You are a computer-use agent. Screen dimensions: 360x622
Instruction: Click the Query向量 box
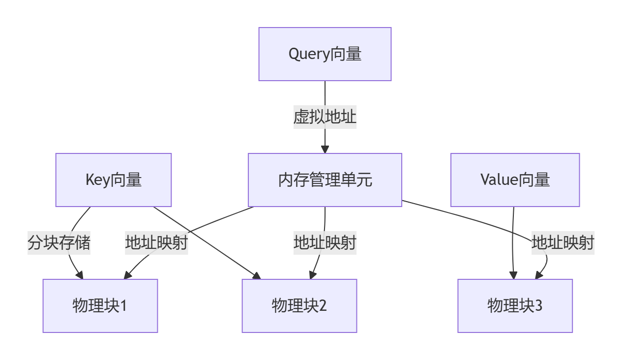pyautogui.click(x=325, y=54)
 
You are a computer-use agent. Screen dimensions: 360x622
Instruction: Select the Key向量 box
pyautogui.click(x=113, y=180)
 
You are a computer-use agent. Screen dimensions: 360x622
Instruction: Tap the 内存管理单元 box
pyautogui.click(x=325, y=180)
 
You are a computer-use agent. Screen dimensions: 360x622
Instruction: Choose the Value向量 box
pyautogui.click(x=515, y=180)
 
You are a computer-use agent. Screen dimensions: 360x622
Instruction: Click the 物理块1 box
pyautogui.click(x=100, y=306)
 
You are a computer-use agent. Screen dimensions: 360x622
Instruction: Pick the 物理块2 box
pyautogui.click(x=299, y=306)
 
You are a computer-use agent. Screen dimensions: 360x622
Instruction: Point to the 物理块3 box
pyautogui.click(x=515, y=306)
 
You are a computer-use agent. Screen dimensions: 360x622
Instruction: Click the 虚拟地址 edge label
pyautogui.click(x=325, y=117)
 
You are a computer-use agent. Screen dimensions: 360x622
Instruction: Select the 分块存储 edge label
pyautogui.click(x=59, y=243)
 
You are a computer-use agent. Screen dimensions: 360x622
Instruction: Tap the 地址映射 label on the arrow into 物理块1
pyautogui.click(x=156, y=243)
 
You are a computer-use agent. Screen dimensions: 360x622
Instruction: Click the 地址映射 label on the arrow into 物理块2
pyautogui.click(x=325, y=243)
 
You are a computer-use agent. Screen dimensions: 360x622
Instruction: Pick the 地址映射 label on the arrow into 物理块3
pyautogui.click(x=563, y=243)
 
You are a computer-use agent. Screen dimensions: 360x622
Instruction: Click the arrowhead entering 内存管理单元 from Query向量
pyautogui.click(x=325, y=150)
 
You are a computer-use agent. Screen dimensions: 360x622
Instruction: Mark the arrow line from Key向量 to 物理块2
pyautogui.click(x=207, y=242)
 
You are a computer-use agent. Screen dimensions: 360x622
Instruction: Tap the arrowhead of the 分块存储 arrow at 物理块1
pyautogui.click(x=80, y=275)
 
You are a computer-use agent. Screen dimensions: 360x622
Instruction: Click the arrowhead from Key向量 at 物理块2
pyautogui.click(x=257, y=276)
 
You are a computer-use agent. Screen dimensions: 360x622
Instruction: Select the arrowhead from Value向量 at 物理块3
pyautogui.click(x=514, y=275)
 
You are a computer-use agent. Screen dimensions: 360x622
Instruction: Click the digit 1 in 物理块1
pyautogui.click(x=123, y=306)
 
